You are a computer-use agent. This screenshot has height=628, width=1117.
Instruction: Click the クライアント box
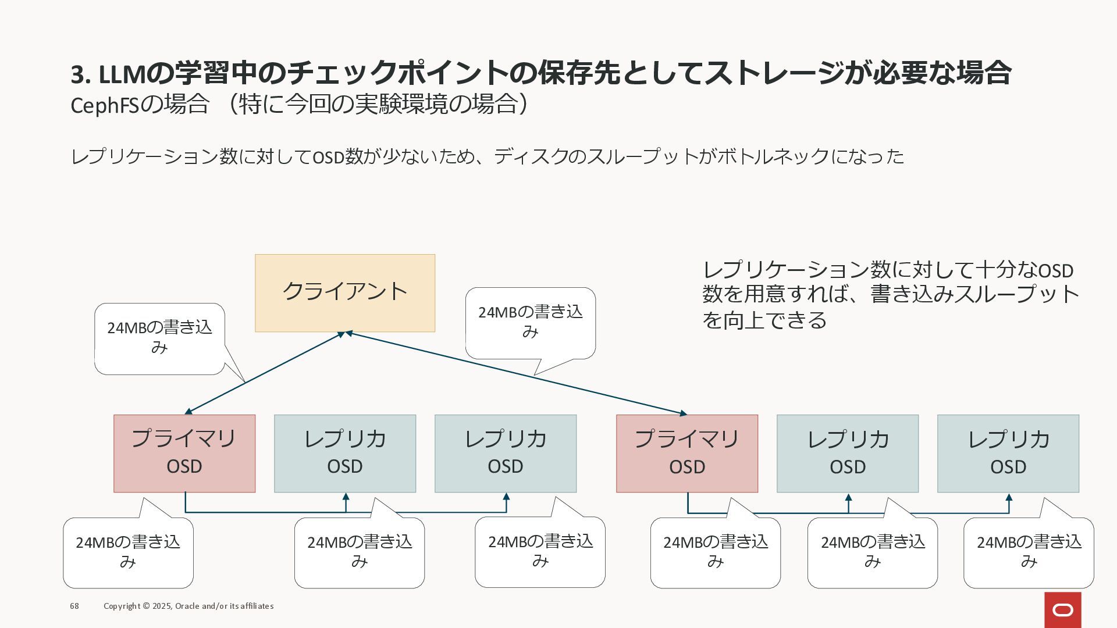(345, 293)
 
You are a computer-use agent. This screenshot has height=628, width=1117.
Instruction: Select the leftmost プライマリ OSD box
(184, 454)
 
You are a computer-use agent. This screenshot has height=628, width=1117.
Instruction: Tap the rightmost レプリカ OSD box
(1008, 454)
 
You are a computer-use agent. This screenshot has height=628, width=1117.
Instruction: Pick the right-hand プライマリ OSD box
(687, 454)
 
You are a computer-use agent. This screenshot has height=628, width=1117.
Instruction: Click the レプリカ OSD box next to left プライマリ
(345, 454)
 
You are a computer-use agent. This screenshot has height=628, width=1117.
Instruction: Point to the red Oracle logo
(1063, 610)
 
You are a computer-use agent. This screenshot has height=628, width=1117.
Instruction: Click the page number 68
(74, 606)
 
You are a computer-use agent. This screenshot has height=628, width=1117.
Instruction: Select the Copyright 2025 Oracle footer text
(188, 606)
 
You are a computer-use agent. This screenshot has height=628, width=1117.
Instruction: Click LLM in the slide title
(122, 74)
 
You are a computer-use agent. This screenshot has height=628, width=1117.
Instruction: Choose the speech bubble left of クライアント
(159, 338)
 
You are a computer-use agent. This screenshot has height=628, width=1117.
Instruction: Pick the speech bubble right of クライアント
(530, 323)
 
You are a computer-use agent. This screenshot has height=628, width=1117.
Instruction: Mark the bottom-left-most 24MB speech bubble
(128, 552)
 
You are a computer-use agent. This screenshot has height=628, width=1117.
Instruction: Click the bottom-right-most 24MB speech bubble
(1029, 552)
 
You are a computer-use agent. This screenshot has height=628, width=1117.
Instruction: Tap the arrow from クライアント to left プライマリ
(265, 373)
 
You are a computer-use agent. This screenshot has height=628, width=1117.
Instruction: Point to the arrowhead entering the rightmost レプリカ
(1009, 498)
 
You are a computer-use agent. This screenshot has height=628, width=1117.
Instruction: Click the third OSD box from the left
(506, 454)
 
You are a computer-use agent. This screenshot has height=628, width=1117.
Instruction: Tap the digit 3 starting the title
(77, 74)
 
